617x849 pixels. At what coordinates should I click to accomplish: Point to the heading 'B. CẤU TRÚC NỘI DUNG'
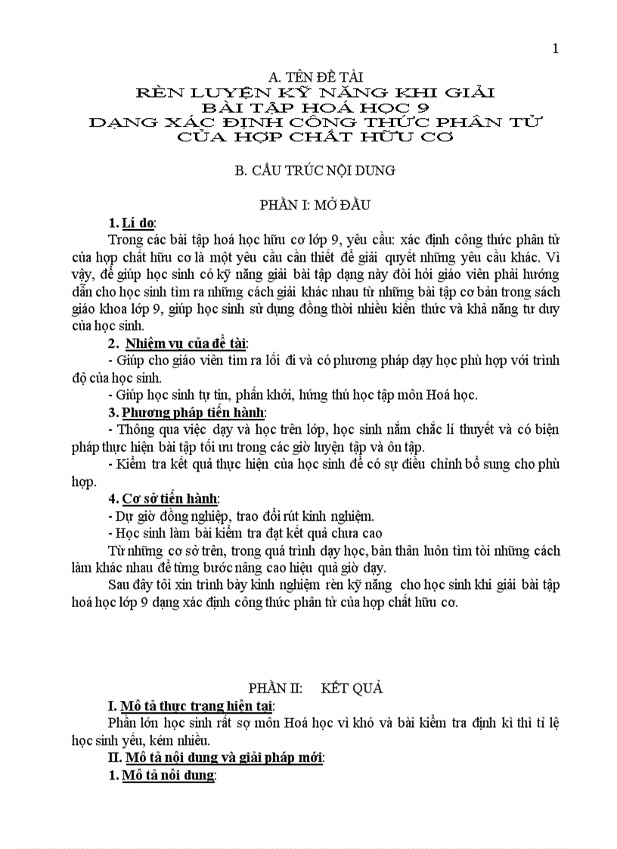[x=315, y=170]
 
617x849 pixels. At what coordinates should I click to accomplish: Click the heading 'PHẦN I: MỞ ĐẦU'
[x=314, y=205]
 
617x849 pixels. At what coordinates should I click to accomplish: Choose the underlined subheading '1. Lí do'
[x=132, y=223]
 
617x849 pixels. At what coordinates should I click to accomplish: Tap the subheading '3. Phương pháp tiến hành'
[x=187, y=412]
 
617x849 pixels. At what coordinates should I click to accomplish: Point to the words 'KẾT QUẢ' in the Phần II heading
[x=352, y=688]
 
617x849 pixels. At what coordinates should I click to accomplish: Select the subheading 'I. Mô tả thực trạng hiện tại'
[x=190, y=706]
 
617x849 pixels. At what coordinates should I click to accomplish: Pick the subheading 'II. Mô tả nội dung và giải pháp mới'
[x=216, y=758]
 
